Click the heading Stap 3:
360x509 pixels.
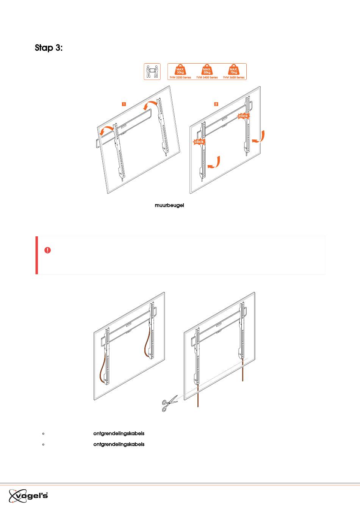49,48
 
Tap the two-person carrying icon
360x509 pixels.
152,72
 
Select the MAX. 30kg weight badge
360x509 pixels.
180,70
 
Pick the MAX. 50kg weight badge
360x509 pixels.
207,70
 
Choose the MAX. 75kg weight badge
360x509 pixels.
233,70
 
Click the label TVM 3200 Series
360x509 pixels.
180,78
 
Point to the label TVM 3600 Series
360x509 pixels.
233,78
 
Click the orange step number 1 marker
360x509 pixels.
124,104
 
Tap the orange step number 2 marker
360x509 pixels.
216,104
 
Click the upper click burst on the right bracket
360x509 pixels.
243,116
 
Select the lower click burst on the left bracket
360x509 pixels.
199,142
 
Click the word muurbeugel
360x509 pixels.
169,205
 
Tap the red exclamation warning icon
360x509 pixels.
47,250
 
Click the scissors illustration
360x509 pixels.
169,403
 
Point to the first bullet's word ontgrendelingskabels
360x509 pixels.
119,434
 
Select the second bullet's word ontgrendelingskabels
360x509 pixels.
119,445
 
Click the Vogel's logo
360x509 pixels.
28,496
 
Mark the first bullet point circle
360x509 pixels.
43,434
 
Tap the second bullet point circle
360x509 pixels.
43,445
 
